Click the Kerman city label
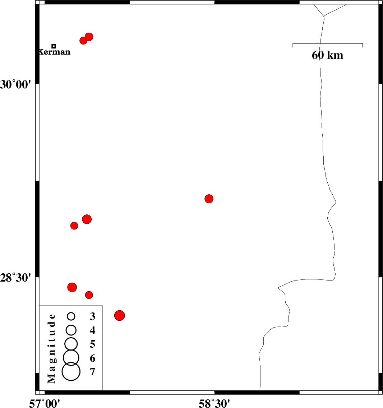pos(54,52)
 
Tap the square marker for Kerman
pos(54,46)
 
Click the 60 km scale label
pos(328,55)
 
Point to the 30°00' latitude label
pos(15,84)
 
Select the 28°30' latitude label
pos(15,278)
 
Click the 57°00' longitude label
pos(45,404)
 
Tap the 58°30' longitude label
pos(214,404)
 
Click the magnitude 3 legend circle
pos(71,316)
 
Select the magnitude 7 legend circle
pos(71,372)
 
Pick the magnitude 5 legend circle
pos(71,344)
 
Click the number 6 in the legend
pos(93,358)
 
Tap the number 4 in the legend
pos(93,330)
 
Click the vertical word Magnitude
pos(51,348)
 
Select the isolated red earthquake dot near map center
pos(209,199)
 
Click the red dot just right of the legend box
pos(120,316)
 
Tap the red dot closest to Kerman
pos(83,41)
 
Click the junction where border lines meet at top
pos(324,17)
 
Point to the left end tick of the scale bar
pos(293,45)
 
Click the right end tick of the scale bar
pos(363,45)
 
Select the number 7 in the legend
pos(93,372)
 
